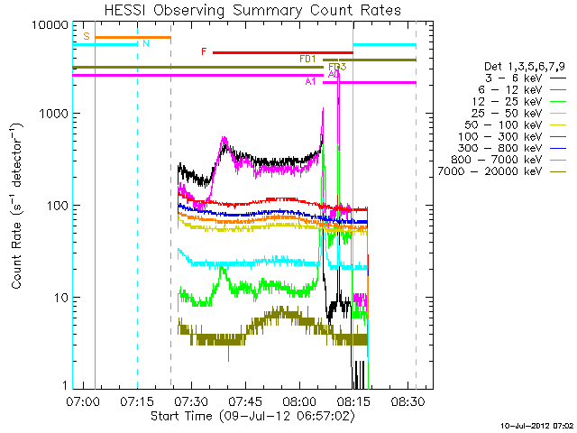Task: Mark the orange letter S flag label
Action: pos(86,36)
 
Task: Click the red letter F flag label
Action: pos(205,52)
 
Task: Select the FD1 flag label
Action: pos(307,59)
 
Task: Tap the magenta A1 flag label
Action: pos(310,82)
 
